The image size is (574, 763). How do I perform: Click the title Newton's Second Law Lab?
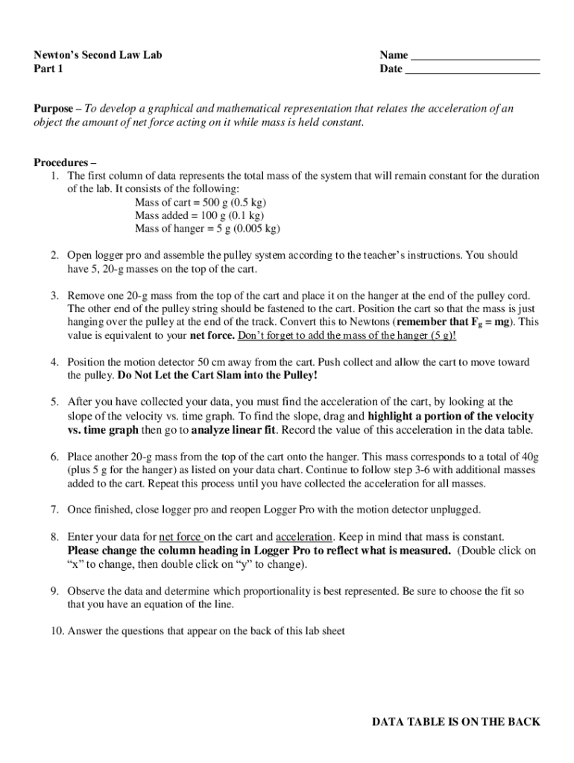coord(98,55)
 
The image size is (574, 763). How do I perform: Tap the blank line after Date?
coord(472,70)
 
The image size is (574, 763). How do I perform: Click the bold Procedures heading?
coord(65,162)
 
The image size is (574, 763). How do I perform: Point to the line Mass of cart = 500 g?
coord(201,203)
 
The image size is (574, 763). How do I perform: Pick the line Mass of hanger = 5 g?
coord(207,229)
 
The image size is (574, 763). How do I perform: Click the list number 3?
coord(55,296)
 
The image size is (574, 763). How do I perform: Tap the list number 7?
coord(55,510)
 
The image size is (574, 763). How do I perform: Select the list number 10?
coord(57,631)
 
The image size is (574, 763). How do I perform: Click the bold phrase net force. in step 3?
coord(212,335)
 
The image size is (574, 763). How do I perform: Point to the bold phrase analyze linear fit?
coord(233,429)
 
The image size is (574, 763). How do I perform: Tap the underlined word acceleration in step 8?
coord(303,537)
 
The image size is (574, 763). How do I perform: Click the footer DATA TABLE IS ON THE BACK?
coord(456,722)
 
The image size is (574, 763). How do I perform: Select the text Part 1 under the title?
coord(48,69)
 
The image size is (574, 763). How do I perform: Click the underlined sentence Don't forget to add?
coord(347,335)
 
